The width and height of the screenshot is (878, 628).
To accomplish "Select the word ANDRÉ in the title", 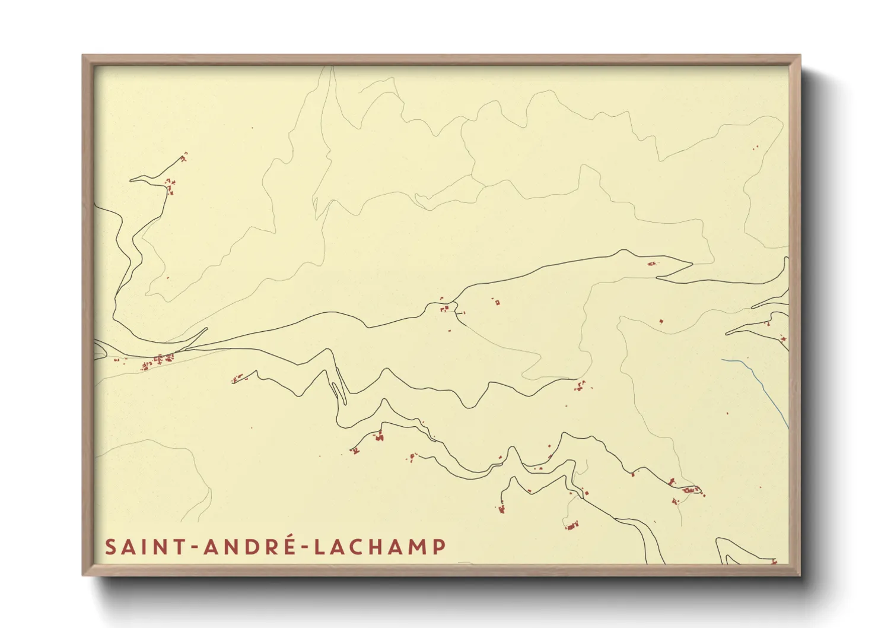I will (249, 547).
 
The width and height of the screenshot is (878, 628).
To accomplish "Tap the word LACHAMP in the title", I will (380, 547).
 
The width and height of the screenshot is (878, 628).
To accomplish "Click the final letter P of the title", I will (439, 547).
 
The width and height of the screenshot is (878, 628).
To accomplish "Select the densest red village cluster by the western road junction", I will (160, 359).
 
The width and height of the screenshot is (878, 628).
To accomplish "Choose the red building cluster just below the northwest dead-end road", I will (170, 186).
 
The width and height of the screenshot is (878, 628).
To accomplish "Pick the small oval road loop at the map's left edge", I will (99, 351).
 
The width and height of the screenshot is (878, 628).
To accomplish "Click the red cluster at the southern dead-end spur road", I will (502, 508).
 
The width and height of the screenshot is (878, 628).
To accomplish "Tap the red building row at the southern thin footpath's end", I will (572, 525).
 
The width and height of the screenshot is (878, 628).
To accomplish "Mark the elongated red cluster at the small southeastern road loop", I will (692, 490).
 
